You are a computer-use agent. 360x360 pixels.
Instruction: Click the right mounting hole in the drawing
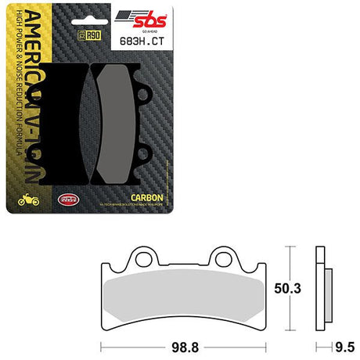tap(244, 257)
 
